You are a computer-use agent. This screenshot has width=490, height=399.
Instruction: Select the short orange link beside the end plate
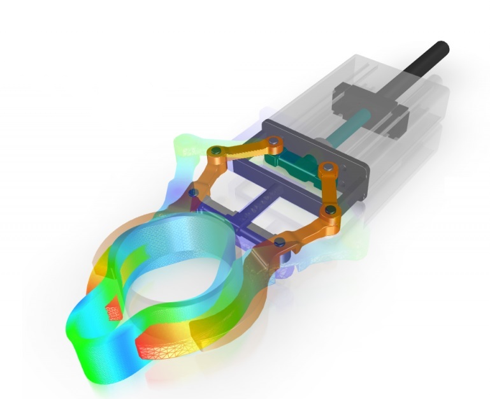[329, 189]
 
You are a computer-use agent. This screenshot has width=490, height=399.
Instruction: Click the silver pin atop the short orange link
[328, 168]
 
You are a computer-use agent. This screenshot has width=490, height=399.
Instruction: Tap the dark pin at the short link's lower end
[329, 209]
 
